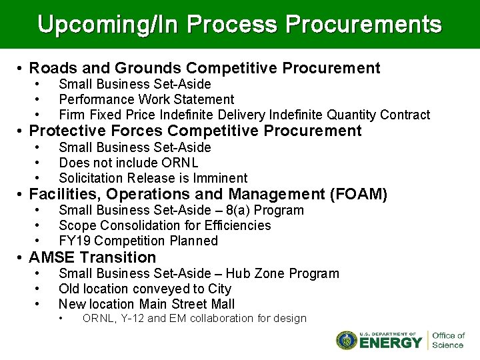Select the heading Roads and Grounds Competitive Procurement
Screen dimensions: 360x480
(205, 68)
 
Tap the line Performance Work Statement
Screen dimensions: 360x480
(147, 99)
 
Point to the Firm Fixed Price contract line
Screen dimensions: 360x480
(244, 115)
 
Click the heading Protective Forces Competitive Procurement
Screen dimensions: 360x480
(195, 131)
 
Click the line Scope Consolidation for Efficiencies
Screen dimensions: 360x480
(165, 225)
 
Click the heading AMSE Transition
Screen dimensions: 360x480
(93, 257)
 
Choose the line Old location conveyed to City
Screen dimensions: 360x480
(145, 289)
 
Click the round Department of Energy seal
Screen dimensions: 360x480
(347, 340)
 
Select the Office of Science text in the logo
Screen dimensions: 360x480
(448, 340)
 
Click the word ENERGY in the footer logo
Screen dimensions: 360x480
(391, 343)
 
